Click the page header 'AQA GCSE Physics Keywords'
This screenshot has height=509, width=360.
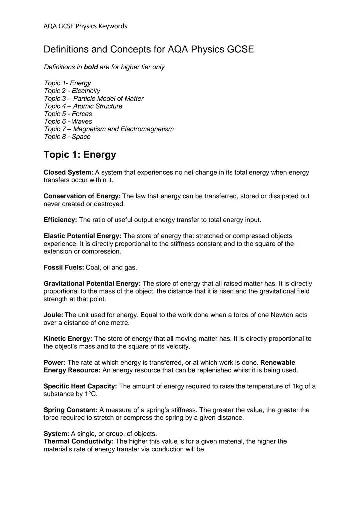[x=85, y=26]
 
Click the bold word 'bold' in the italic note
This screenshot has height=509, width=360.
[x=91, y=67]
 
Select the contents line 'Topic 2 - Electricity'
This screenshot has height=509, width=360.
[x=72, y=91]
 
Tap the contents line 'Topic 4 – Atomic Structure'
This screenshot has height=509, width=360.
[x=83, y=106]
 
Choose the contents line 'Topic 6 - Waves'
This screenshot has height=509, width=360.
[x=68, y=121]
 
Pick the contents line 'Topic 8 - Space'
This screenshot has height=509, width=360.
[x=67, y=137]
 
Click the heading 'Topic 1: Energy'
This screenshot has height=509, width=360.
[x=80, y=155]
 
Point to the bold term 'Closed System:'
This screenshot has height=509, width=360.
[x=68, y=172]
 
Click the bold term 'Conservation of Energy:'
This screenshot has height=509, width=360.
[x=82, y=196]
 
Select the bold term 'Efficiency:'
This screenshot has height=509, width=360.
[x=60, y=220]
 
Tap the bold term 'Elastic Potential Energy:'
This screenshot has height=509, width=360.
[x=82, y=236]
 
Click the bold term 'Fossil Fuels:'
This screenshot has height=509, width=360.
[x=64, y=267]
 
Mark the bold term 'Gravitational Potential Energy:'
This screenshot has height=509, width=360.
[x=92, y=283]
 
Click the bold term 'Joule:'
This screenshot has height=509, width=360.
[x=53, y=315]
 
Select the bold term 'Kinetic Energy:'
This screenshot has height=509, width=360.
[x=68, y=338]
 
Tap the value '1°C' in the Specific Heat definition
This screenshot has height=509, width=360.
[x=90, y=394]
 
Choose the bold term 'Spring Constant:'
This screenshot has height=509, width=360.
[x=70, y=410]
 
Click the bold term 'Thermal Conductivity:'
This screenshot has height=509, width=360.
[x=78, y=441]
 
